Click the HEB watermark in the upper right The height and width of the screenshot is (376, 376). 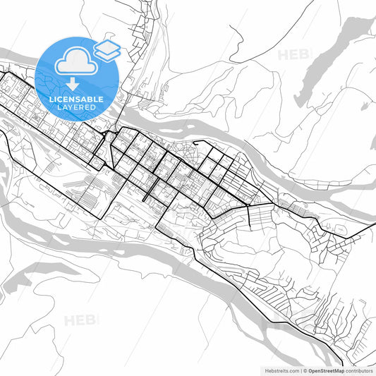(x=292, y=54)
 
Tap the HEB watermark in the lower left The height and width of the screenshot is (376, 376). (x=81, y=321)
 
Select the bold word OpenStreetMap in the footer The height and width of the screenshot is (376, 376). (x=327, y=370)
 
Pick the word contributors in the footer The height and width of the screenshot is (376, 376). (x=358, y=370)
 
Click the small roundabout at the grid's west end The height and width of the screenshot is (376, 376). (x=107, y=134)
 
